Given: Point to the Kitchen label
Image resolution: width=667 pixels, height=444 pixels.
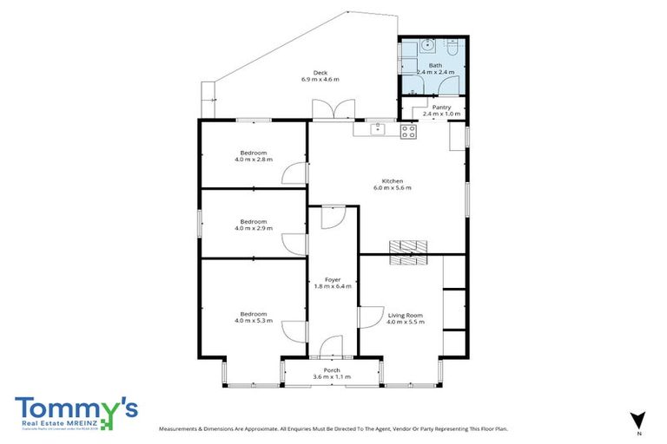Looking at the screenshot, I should coord(393,184).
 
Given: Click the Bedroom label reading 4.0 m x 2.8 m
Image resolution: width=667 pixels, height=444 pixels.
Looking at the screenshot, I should coord(254,156).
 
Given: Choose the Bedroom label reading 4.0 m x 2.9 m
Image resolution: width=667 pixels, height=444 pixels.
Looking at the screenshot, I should coord(254,225).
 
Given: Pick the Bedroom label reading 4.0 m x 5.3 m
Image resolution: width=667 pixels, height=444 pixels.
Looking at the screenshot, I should coord(254,317).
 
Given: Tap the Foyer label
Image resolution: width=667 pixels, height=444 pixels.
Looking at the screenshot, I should coord(333,282).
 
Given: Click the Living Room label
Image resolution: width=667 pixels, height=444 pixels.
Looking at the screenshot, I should coord(405,318).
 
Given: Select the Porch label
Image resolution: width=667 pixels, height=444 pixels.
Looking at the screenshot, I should coord(332,373).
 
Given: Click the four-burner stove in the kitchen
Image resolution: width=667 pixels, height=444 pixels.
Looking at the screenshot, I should coord(408,132).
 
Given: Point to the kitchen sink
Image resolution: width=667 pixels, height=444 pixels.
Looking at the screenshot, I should coord(377,130).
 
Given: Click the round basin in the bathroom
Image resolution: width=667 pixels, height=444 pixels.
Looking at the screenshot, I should coord(425,47).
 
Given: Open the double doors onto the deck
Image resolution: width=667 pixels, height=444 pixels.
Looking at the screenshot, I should coord(333,111).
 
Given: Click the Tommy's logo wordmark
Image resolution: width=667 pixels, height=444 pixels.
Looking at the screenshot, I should coord(76,410).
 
